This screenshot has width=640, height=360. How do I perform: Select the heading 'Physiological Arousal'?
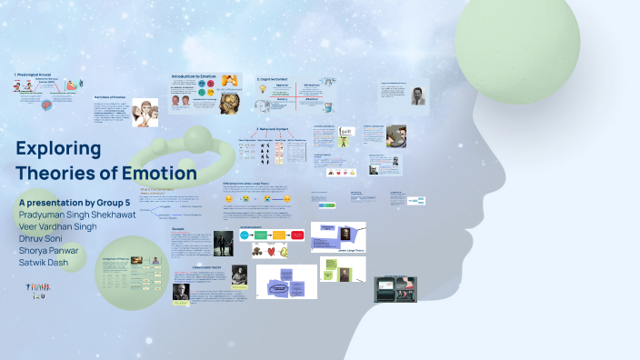pyautogui.click(x=36, y=74)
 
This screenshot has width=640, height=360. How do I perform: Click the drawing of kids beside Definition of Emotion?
pyautogui.click(x=145, y=114)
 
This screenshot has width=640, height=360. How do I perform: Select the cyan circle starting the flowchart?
pyautogui.click(x=245, y=235)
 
